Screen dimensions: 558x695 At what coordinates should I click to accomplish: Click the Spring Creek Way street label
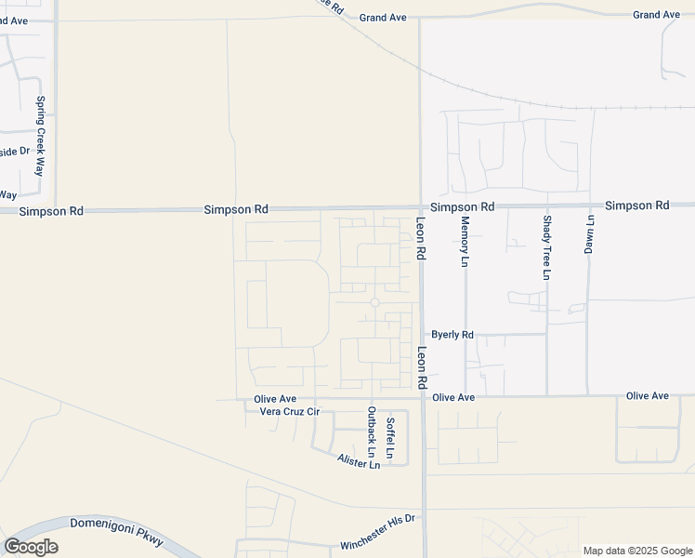40,137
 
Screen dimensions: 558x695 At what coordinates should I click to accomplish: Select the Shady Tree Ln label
546,246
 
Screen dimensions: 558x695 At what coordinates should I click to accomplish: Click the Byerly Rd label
452,335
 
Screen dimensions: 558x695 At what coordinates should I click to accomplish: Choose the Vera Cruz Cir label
289,411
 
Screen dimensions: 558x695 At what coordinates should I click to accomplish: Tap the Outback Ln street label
372,432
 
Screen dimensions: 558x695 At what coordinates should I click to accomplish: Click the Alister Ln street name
359,461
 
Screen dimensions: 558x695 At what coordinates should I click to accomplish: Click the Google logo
31,547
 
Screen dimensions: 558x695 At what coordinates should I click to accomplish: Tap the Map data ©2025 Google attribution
637,551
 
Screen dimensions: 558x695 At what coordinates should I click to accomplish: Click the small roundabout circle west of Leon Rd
375,302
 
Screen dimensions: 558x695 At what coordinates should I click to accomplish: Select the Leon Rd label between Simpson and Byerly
421,238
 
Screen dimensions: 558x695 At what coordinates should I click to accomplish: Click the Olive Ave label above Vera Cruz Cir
275,399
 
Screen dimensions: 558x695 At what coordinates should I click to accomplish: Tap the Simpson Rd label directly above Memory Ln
462,206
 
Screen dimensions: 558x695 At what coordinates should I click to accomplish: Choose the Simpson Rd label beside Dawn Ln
636,205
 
